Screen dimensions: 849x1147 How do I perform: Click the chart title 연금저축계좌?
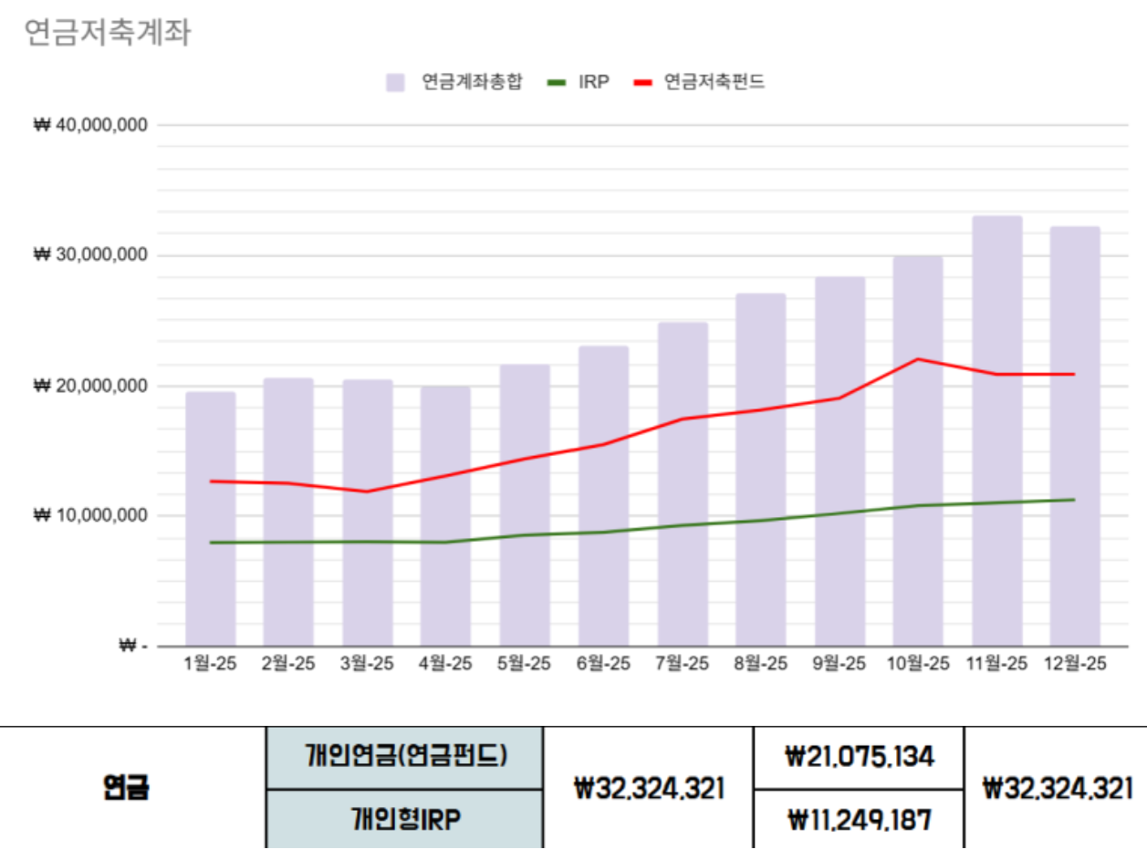click(x=107, y=33)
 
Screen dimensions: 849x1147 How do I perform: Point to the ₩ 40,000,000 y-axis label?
click(x=90, y=125)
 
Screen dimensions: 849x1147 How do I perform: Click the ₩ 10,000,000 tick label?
click(x=90, y=515)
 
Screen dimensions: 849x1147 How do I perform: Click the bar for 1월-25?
click(x=211, y=519)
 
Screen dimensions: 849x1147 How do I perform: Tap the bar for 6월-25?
click(x=603, y=496)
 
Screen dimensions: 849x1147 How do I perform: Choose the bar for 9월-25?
click(x=839, y=461)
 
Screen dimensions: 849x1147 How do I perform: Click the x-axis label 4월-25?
click(x=445, y=664)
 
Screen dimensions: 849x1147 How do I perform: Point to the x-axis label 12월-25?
click(x=1074, y=664)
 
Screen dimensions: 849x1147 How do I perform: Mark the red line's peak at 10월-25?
click(x=918, y=359)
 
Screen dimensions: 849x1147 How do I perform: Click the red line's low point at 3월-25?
click(x=368, y=492)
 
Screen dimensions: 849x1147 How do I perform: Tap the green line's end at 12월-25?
click(x=1074, y=500)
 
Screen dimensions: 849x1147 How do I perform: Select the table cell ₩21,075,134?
click(x=859, y=757)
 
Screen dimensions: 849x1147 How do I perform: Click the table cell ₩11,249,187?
click(x=859, y=819)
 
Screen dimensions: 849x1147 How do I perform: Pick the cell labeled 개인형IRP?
click(x=405, y=819)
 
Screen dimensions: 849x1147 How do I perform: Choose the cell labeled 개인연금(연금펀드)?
click(x=405, y=757)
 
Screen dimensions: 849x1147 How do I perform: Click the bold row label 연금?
click(x=126, y=788)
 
